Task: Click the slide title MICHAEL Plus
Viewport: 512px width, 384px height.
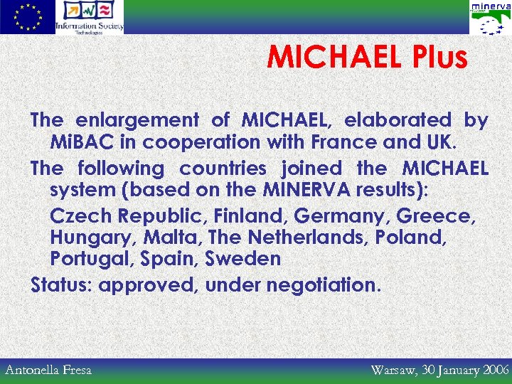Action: [367, 58]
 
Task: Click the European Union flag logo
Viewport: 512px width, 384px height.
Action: [27, 17]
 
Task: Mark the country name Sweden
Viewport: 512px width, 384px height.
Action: [243, 259]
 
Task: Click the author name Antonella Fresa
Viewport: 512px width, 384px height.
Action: [48, 370]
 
